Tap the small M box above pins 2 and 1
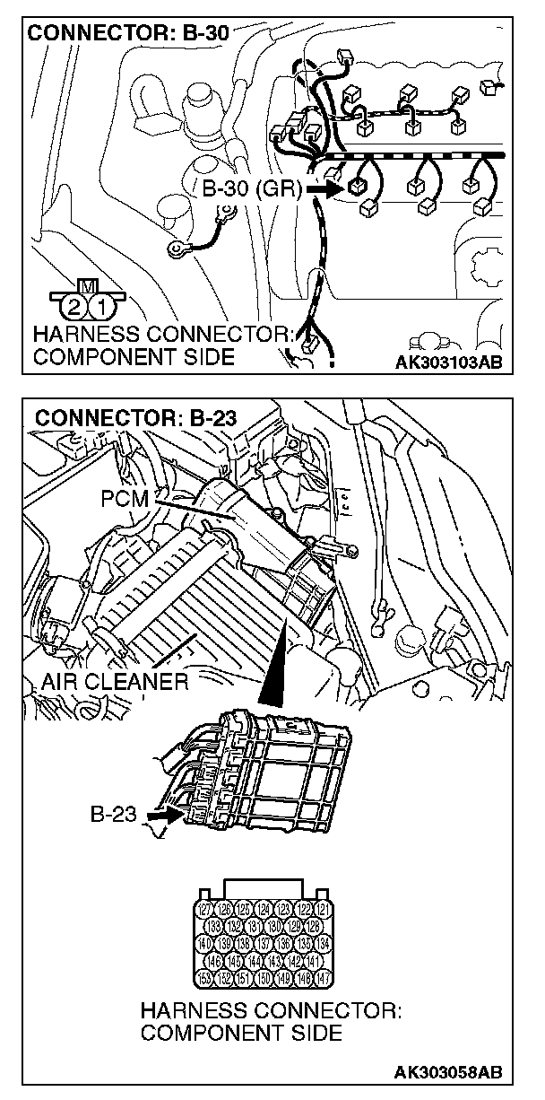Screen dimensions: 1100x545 [88, 286]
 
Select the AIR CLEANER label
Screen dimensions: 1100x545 [115, 681]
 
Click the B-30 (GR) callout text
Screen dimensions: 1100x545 [251, 189]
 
